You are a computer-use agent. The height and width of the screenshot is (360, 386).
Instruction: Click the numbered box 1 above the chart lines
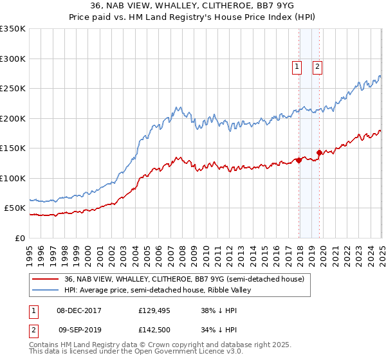pos(297,65)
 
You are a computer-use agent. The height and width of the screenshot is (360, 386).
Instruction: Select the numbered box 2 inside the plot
pos(318,65)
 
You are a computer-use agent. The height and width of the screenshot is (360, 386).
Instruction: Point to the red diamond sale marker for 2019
pos(320,153)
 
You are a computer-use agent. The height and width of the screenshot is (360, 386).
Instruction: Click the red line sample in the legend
pos(46,278)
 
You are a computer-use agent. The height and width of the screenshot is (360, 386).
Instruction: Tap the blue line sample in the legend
pos(46,290)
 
